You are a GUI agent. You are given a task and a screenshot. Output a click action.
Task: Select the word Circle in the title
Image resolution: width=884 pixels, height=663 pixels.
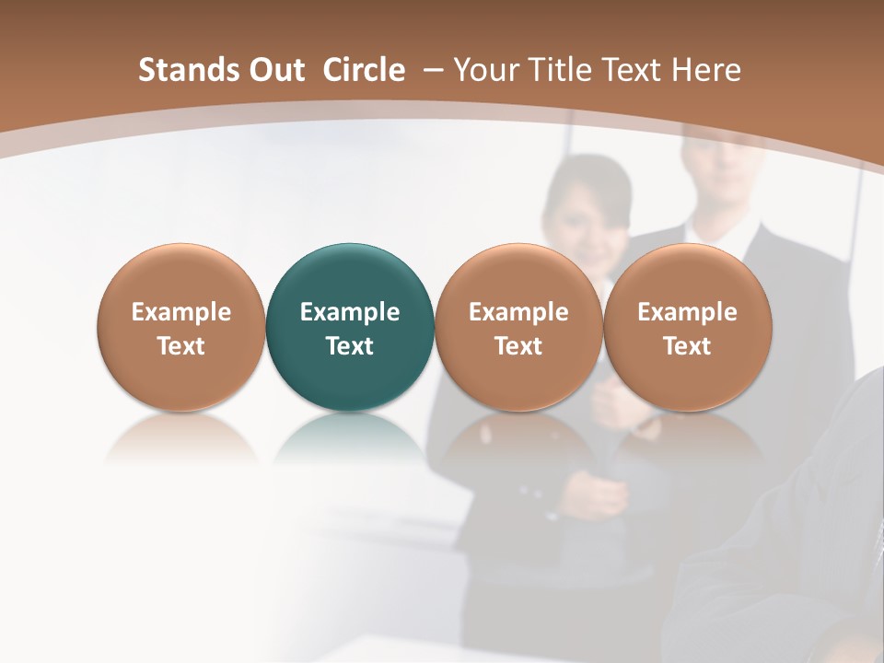point(364,70)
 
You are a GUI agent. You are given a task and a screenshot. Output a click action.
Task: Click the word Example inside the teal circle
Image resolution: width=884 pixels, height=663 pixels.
point(350,312)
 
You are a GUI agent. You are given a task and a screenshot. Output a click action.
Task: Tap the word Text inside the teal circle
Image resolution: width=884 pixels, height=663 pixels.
point(350,346)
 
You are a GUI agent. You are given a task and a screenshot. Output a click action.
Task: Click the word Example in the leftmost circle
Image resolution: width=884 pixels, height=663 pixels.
point(181,312)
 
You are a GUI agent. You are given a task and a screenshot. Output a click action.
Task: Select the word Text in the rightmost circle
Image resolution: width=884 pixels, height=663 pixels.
point(688,346)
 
